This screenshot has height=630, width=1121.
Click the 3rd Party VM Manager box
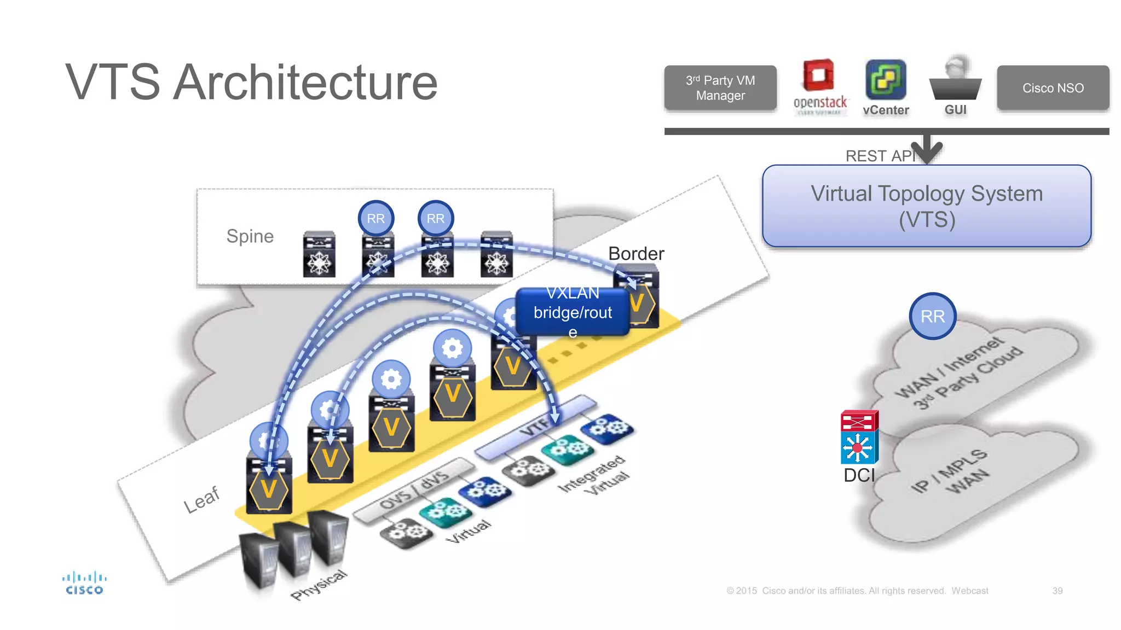[720, 88]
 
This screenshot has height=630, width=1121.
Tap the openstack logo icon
[819, 77]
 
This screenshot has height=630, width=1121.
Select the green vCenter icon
[885, 80]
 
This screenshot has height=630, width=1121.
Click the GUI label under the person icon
[955, 110]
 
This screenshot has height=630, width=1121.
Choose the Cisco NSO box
[1053, 88]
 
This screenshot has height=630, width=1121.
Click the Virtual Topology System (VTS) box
[926, 206]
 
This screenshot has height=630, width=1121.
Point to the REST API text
[879, 156]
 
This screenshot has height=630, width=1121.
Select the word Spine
[250, 236]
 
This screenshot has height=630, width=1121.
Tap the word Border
[636, 254]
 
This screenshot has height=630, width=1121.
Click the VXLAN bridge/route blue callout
[573, 312]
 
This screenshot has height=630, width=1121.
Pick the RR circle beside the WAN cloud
[932, 316]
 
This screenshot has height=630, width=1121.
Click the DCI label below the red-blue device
[859, 475]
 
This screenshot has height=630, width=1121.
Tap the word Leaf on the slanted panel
[201, 499]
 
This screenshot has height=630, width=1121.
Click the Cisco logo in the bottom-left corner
[84, 583]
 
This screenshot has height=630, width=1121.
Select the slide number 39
[1057, 591]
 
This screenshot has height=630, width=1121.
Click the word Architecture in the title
[305, 82]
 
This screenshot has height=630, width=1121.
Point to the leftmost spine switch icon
[319, 255]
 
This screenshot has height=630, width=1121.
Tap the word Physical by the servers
[319, 585]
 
